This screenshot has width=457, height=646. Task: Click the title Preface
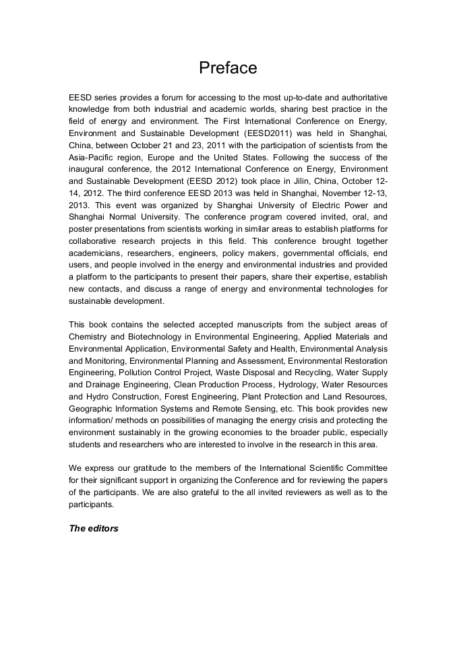228,68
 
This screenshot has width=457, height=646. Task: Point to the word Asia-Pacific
94,156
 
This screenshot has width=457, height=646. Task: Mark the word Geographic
91,408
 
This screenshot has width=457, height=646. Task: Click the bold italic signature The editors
94,528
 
